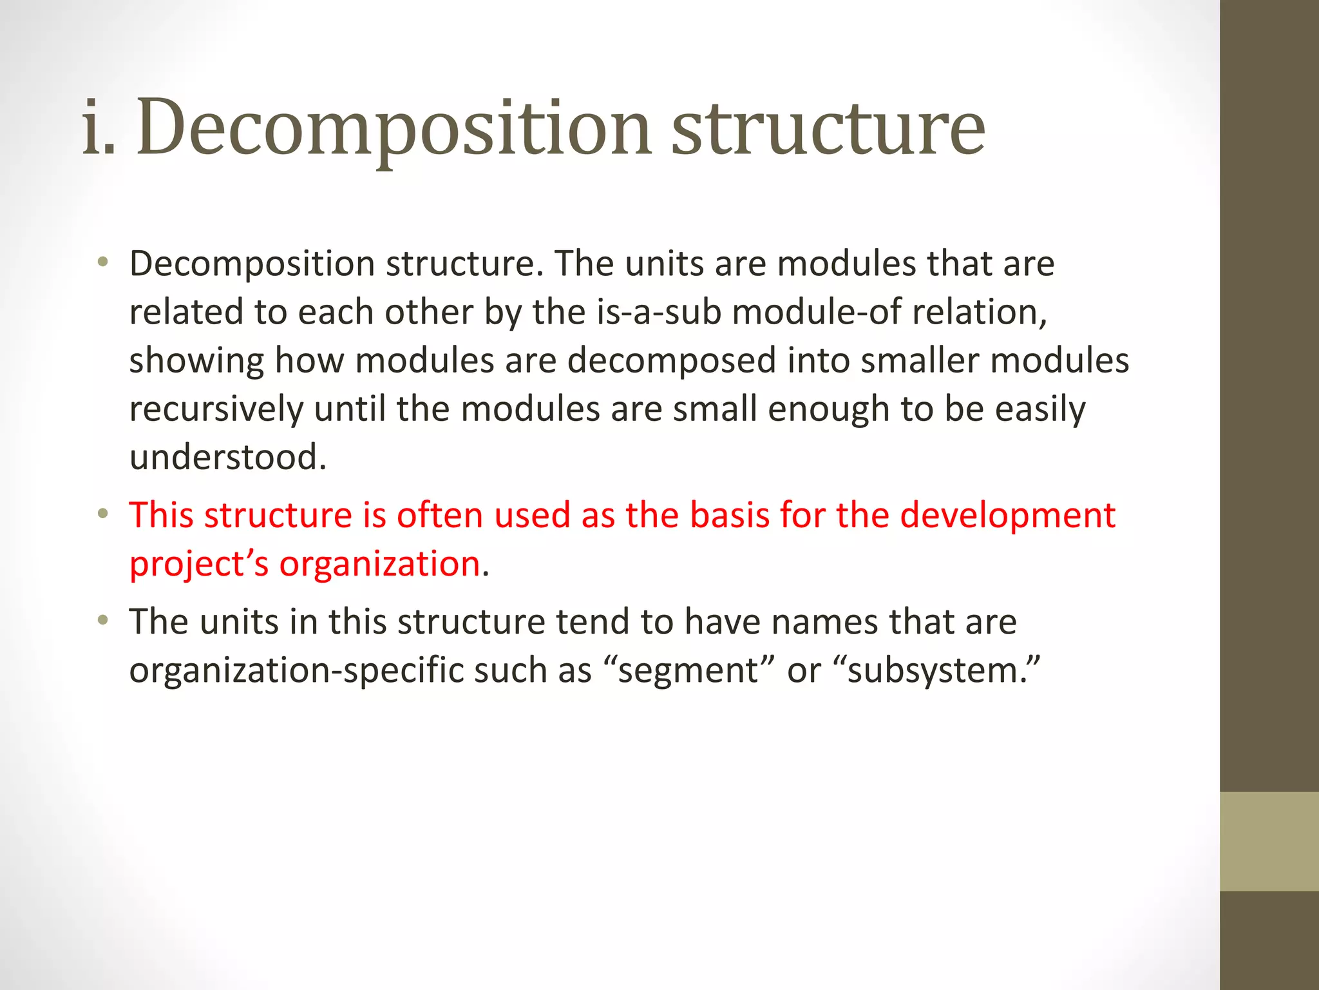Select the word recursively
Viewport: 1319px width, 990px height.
tap(216, 409)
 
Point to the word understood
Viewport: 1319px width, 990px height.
tap(227, 458)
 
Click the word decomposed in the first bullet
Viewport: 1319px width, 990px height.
tap(672, 361)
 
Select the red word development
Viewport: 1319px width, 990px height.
tap(1007, 516)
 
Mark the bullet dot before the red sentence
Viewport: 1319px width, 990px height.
tap(103, 514)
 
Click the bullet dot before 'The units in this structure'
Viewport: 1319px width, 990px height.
tap(103, 621)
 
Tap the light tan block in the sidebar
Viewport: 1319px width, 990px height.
tap(1269, 841)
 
